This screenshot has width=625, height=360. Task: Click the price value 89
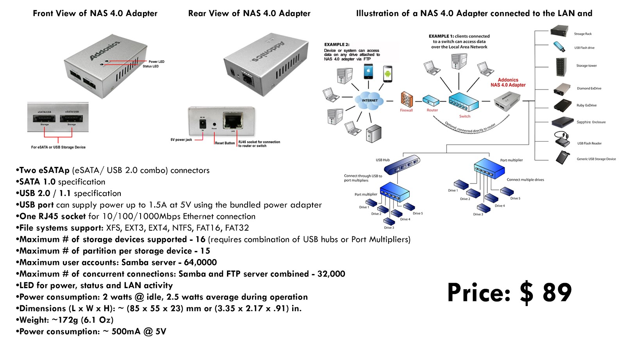tap(557, 292)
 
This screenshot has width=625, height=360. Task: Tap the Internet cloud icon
tap(369, 100)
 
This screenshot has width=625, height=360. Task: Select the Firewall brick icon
tap(406, 100)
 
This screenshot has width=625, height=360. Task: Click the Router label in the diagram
tap(432, 110)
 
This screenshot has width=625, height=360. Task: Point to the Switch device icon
tap(463, 102)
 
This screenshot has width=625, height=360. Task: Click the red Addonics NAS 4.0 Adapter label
tap(508, 82)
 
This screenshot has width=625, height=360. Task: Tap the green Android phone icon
tap(387, 73)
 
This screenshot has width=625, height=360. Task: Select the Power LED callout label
tap(156, 61)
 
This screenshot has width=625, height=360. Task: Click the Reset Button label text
tap(225, 143)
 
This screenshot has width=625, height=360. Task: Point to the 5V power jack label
tap(181, 140)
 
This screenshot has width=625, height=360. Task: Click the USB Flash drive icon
tap(559, 47)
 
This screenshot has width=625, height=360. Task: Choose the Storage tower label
tap(586, 66)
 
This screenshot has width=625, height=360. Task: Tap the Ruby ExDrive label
tap(586, 105)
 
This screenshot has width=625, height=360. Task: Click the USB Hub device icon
tap(402, 165)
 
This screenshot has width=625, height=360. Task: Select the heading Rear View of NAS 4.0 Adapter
tap(249, 13)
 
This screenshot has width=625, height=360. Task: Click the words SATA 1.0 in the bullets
tap(37, 182)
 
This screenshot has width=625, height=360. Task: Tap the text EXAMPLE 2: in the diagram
tap(337, 45)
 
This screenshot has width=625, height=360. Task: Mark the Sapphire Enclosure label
tap(591, 122)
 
